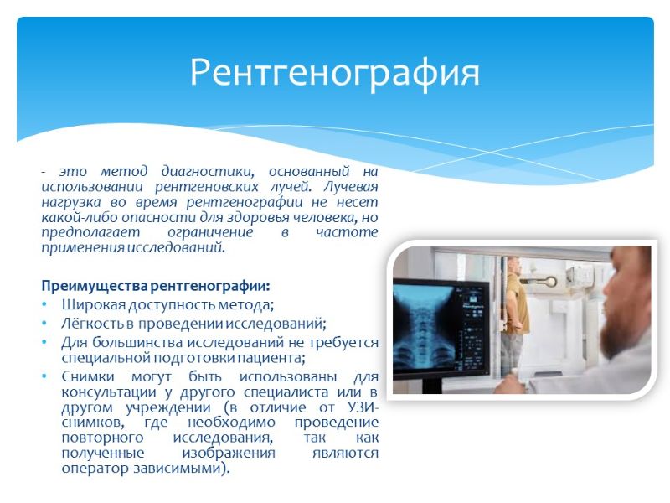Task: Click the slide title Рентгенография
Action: pos(334,73)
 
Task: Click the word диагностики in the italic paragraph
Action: pos(208,172)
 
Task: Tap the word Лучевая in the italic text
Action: pos(351,186)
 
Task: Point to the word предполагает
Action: pos(90,233)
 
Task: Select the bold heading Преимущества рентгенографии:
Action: pos(156,286)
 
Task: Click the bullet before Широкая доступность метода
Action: pos(44,304)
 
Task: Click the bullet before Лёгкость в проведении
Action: pos(44,323)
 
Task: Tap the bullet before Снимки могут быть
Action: pos(44,376)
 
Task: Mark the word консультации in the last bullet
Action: pos(109,392)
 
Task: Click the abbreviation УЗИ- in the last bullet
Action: pos(363,407)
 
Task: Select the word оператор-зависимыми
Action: pos(145,469)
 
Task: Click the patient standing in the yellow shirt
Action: pos(514,317)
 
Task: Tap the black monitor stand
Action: pos(430,386)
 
